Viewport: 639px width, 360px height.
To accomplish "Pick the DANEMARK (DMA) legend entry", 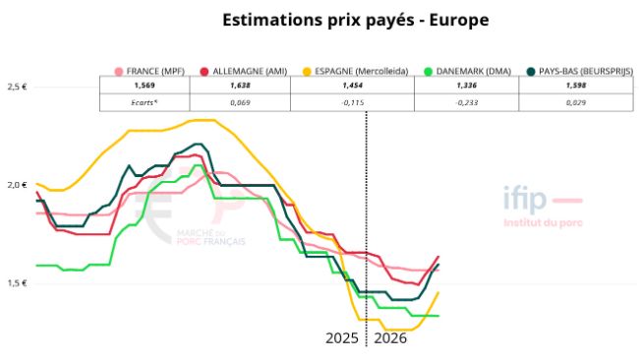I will tap(469, 72).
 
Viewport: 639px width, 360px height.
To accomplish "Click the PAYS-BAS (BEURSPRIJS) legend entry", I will tap(579, 72).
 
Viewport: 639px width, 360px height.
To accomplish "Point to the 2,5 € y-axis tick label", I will tap(17, 87).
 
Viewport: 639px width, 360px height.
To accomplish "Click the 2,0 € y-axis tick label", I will tap(17, 185).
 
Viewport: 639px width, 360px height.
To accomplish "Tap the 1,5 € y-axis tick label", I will tap(17, 283).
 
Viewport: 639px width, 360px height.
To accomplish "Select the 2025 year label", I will tap(342, 337).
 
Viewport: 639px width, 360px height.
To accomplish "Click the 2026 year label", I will tap(389, 337).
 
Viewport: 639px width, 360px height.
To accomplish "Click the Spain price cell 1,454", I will tap(353, 87).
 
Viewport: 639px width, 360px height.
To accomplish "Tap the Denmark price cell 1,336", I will tap(469, 87).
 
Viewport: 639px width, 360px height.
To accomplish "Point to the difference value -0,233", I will tap(469, 102).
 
